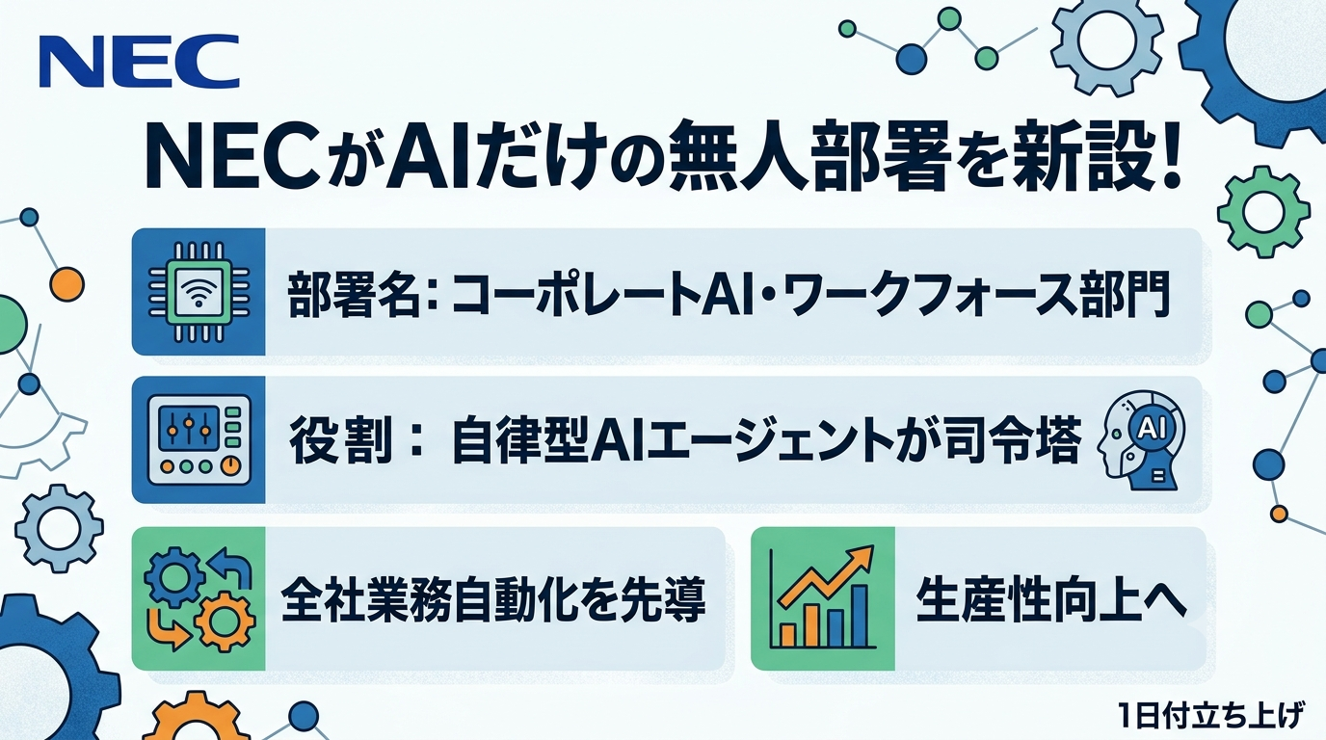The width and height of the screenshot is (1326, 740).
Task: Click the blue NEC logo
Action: click(x=139, y=61)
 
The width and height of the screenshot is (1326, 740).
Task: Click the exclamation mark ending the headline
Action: click(x=1164, y=155)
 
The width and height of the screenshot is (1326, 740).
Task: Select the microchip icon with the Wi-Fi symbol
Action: click(x=199, y=292)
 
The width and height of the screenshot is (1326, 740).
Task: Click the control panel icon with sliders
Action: click(x=199, y=439)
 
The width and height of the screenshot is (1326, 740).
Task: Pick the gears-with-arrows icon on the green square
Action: click(x=199, y=599)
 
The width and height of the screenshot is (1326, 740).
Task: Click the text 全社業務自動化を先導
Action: click(x=493, y=599)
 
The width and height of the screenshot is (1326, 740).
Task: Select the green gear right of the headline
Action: click(x=1262, y=211)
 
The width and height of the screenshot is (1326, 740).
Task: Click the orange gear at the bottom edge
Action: click(x=196, y=718)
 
